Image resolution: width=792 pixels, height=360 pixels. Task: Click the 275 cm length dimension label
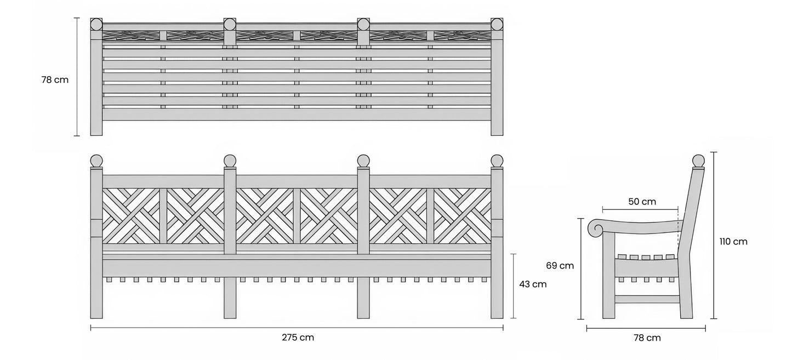click(298, 338)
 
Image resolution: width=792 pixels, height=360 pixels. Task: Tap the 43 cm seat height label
click(533, 284)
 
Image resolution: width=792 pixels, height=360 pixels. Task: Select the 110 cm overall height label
click(733, 242)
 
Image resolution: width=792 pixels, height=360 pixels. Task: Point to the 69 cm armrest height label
click(560, 266)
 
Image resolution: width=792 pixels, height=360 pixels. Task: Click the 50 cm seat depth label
click(642, 202)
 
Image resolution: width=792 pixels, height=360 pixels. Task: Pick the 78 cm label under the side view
click(647, 338)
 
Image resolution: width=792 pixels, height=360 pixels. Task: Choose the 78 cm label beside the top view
click(55, 80)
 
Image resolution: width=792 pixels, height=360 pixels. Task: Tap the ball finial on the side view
click(698, 161)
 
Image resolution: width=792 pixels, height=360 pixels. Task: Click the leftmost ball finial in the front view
click(96, 161)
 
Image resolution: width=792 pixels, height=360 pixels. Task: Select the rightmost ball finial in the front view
click(497, 161)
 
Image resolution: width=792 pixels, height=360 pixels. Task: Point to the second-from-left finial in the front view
click(230, 161)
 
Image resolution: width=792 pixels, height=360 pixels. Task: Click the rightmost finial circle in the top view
click(497, 25)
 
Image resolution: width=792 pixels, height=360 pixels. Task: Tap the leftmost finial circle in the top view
click(96, 25)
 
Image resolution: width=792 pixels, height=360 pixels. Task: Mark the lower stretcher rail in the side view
click(647, 299)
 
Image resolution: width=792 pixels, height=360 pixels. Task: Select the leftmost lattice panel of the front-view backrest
click(131, 216)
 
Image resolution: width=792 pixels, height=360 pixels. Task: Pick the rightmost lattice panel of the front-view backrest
click(463, 216)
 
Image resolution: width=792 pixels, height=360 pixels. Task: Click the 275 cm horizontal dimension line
click(297, 328)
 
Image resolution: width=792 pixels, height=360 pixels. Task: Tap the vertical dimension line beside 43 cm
click(514, 285)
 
